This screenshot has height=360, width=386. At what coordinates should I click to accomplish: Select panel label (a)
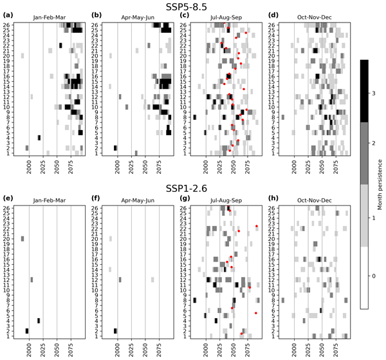click(9, 14)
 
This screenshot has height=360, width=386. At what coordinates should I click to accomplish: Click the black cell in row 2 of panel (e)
click(27, 331)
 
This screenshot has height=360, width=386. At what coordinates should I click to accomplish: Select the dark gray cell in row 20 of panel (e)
click(22, 238)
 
